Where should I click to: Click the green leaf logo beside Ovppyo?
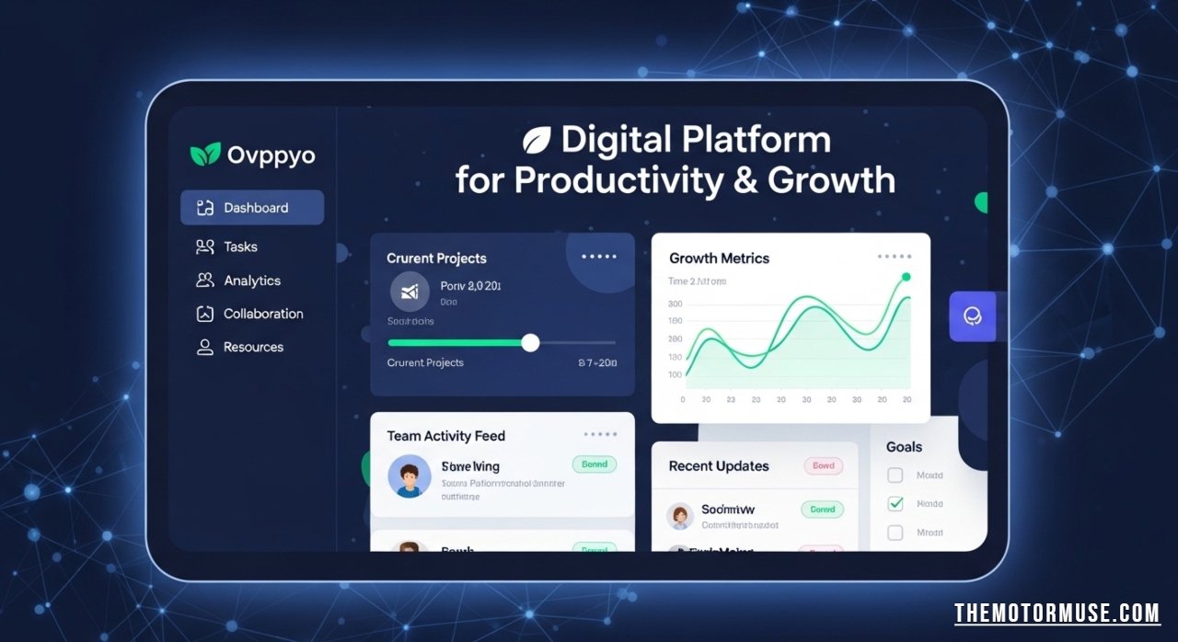tap(205, 155)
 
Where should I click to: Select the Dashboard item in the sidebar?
tap(252, 208)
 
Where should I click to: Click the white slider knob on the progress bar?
tap(530, 342)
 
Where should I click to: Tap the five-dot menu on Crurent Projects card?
tap(599, 258)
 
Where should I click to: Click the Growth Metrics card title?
tap(719, 258)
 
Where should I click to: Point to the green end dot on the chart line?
tap(906, 277)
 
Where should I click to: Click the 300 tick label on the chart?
tap(675, 304)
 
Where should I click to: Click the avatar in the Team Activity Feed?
tap(410, 476)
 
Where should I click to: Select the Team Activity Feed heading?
tap(445, 436)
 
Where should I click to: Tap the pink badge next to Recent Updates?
tap(823, 465)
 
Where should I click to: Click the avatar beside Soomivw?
tap(680, 516)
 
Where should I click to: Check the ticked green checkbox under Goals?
tap(895, 503)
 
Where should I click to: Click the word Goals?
tap(904, 446)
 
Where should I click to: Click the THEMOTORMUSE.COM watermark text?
tap(1056, 613)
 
